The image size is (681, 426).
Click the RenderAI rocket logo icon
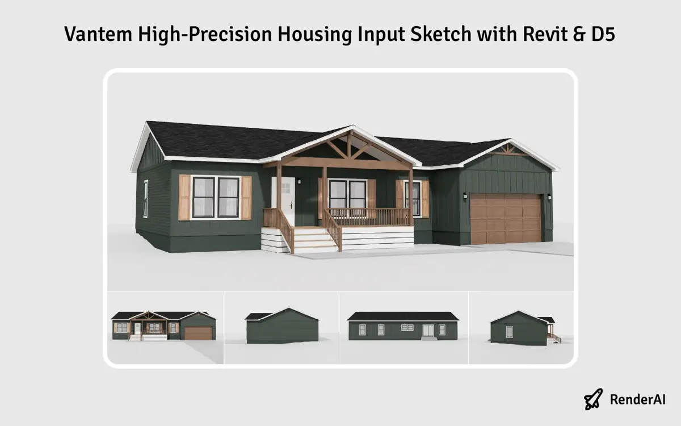click(x=594, y=399)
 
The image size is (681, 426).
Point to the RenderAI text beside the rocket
click(x=637, y=400)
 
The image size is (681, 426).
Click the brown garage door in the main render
click(x=505, y=219)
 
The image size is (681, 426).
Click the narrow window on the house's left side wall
click(x=146, y=198)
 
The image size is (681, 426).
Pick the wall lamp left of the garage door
click(x=465, y=196)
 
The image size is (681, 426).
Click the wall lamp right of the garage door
click(x=549, y=197)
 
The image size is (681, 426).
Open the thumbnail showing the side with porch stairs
click(x=522, y=327)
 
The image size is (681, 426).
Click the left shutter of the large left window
click(x=184, y=197)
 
